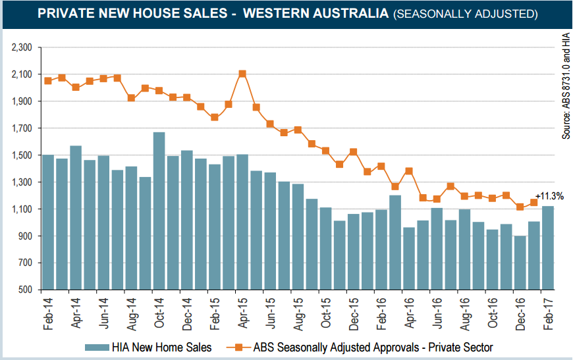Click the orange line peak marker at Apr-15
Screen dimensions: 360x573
point(242,74)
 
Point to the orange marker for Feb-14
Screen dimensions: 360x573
point(47,80)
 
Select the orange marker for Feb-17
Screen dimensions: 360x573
point(533,203)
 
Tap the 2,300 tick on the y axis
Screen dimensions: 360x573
point(22,47)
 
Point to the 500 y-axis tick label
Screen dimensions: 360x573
point(26,290)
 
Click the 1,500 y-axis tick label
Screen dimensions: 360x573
point(22,155)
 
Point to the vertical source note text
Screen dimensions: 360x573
point(565,86)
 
